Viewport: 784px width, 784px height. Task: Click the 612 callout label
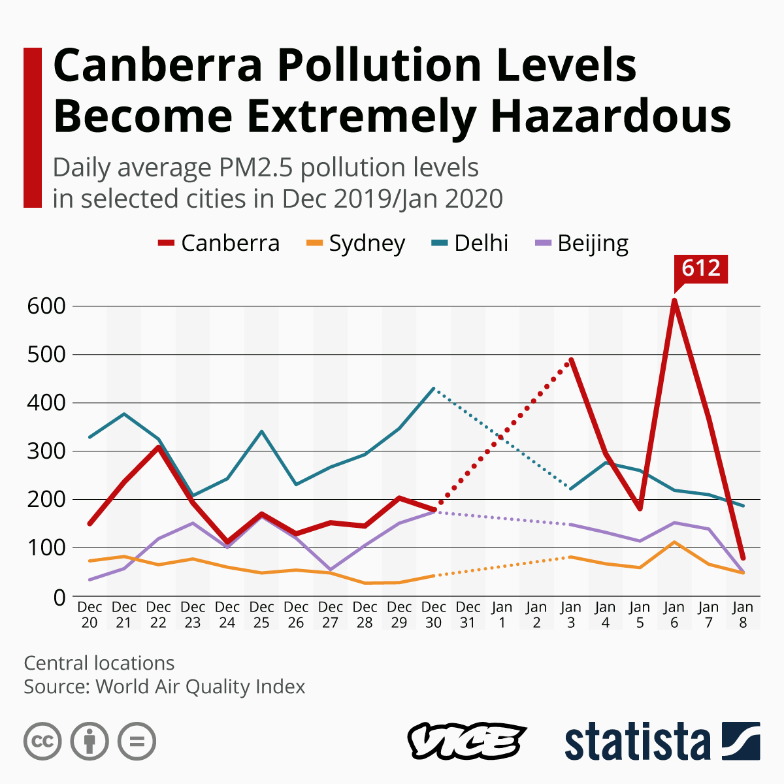pos(700,269)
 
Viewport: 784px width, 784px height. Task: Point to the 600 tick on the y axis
pos(46,306)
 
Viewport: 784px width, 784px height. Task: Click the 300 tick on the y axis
pos(46,451)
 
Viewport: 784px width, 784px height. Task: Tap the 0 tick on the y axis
pos(59,597)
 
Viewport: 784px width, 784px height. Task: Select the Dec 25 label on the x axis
pos(261,615)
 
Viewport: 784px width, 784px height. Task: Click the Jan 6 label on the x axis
pos(674,615)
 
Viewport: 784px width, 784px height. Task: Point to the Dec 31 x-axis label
pos(468,615)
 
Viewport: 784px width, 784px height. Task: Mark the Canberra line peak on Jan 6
pos(674,301)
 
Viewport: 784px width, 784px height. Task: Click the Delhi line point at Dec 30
pos(433,389)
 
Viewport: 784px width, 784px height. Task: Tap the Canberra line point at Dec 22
pos(158,448)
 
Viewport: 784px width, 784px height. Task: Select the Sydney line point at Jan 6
pos(674,542)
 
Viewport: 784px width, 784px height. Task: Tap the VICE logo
pos(466,742)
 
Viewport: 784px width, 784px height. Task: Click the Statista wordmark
pos(637,742)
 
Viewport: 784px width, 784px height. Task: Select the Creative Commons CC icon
pos(42,742)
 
